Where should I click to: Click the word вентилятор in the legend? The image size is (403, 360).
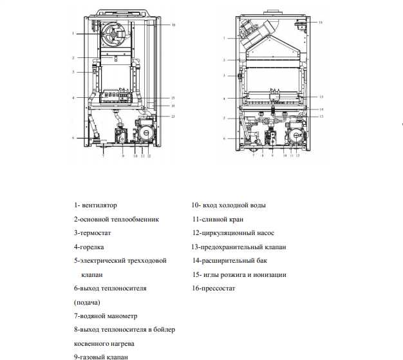point(100,205)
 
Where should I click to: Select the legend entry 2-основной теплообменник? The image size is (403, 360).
point(116,219)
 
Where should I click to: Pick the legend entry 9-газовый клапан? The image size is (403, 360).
point(101,356)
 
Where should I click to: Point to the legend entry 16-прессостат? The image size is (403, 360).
point(213,288)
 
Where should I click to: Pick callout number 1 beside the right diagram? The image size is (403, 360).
point(224,39)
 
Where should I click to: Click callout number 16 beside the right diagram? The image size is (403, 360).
point(321,23)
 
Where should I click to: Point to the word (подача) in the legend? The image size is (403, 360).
point(87,302)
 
